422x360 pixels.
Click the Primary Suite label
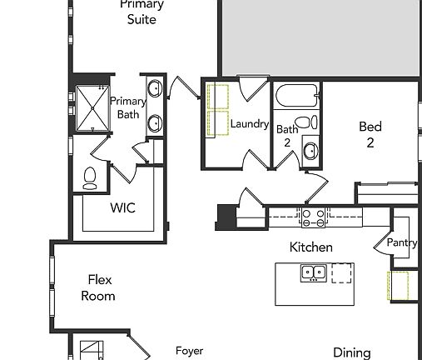coord(141,12)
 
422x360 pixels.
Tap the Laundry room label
coord(250,124)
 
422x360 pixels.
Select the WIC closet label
coord(122,208)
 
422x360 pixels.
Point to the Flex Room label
coord(98,287)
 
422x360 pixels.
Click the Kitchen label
coord(310,247)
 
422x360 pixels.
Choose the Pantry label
coord(402,243)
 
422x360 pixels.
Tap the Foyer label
coord(189,351)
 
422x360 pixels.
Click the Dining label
coord(351,352)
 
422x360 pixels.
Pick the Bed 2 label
coord(370,134)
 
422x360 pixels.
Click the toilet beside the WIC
coord(91,177)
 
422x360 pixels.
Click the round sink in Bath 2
coord(310,152)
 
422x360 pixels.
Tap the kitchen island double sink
coord(313,272)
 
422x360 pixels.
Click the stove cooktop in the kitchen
coord(313,217)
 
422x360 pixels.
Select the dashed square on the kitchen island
coord(341,272)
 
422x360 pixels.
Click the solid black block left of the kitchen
coord(226,217)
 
